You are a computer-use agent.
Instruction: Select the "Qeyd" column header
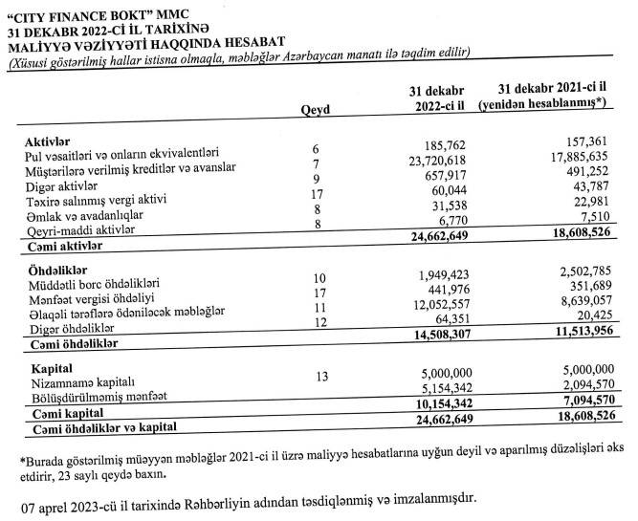tap(315, 110)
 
